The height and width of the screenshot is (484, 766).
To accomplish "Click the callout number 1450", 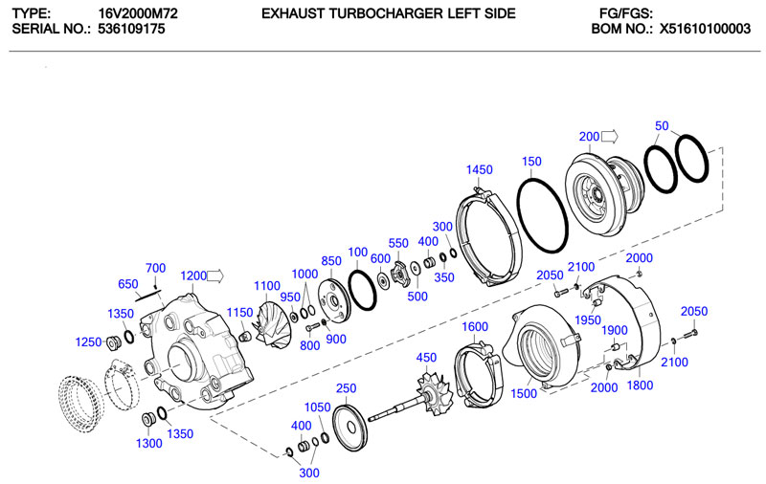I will click(x=479, y=169).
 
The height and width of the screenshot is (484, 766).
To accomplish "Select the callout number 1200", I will click(x=193, y=276).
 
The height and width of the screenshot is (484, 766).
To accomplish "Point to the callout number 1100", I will click(x=267, y=286).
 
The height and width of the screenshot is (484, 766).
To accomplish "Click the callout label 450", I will click(x=426, y=358).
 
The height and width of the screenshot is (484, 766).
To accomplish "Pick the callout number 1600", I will click(x=475, y=327).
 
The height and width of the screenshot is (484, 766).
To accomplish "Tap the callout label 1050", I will click(x=320, y=407).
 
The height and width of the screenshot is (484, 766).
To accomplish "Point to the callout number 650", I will click(x=128, y=284).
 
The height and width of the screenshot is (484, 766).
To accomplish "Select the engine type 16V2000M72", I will click(x=138, y=13).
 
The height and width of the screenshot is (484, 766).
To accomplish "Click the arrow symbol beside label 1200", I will click(x=215, y=275).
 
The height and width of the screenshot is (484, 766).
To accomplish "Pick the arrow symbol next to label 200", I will click(x=610, y=136).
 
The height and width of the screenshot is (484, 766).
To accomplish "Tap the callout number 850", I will click(x=331, y=261).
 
